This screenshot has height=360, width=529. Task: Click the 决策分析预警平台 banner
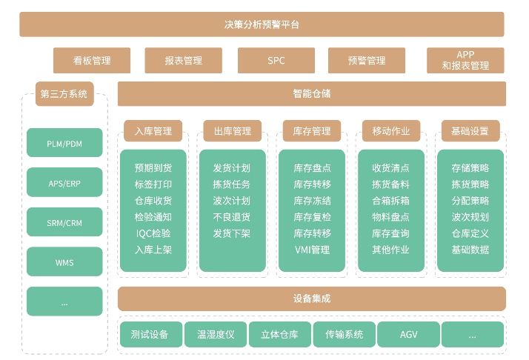262,24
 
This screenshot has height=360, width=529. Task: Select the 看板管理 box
92,61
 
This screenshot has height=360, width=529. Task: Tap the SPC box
276,61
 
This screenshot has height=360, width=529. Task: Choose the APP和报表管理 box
465,61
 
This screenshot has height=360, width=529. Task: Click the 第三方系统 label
64,94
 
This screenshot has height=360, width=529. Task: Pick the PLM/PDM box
64,143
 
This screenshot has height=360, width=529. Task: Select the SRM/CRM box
64,222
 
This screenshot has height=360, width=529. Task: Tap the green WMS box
64,262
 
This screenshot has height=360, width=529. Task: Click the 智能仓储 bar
311,94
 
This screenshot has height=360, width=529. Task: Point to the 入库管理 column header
153,131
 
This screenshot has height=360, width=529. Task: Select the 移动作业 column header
390,131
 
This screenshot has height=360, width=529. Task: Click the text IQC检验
153,233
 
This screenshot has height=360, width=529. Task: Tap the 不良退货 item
231,217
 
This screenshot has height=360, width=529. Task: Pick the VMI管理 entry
312,250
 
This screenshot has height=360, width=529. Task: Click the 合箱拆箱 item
390,201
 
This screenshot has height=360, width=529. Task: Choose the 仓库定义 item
470,233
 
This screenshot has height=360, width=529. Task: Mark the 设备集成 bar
311,299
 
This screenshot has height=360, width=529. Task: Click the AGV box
409,335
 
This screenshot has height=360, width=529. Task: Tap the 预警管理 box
367,61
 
